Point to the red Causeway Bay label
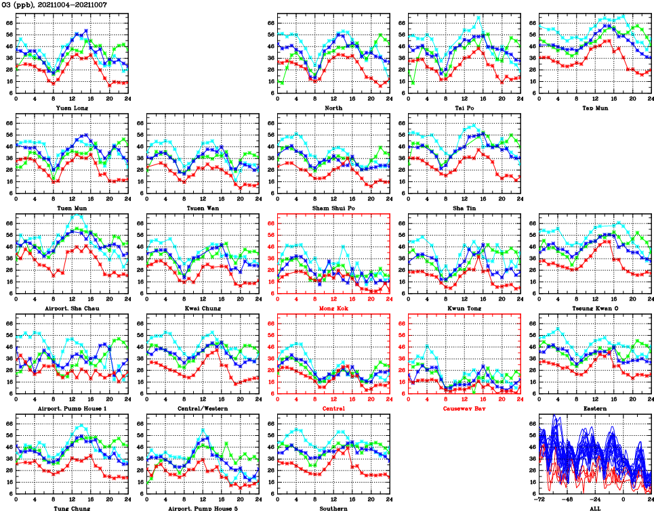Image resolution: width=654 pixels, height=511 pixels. point(464,408)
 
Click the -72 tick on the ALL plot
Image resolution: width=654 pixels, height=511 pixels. point(539,499)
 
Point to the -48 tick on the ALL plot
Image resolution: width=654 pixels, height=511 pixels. point(568,499)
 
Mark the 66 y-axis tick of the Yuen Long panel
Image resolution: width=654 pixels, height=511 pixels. point(9,23)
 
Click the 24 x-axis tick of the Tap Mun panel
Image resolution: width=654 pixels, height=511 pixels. point(649,99)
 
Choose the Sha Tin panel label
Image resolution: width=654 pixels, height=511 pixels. point(464,208)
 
